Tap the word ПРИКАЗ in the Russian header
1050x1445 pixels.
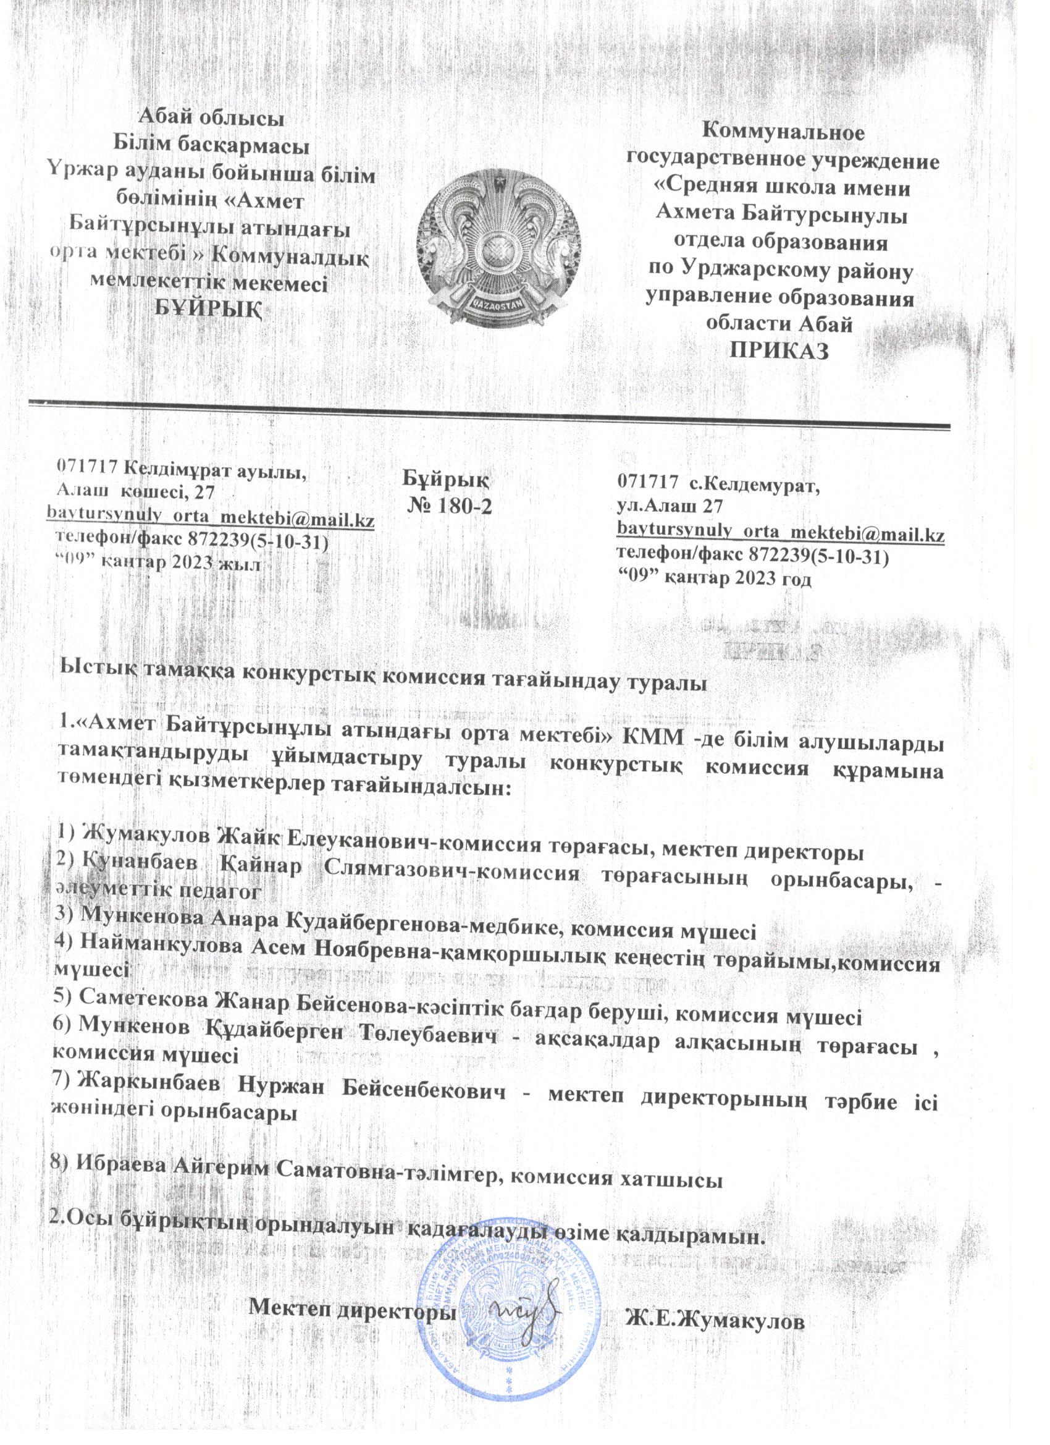(780, 351)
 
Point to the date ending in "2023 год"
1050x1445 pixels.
(716, 578)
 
